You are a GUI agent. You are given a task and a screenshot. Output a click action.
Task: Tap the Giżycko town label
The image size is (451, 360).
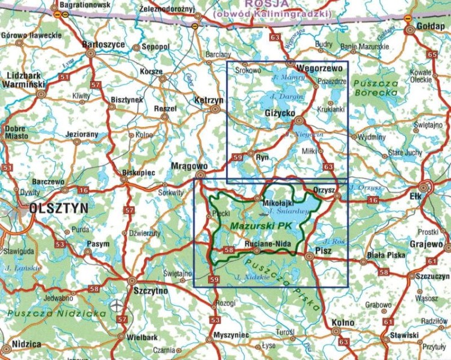(280, 113)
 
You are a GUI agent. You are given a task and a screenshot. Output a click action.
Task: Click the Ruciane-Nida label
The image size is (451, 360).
(269, 244)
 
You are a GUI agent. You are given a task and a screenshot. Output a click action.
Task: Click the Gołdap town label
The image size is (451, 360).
(428, 27)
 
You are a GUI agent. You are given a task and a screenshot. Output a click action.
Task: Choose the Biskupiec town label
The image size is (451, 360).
(138, 172)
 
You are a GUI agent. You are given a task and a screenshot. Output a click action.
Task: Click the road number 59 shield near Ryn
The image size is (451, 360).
(238, 157)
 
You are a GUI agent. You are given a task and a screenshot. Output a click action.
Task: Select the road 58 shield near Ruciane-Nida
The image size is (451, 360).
(228, 250)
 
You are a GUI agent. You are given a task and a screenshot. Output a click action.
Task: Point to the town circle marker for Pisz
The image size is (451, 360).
(309, 257)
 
